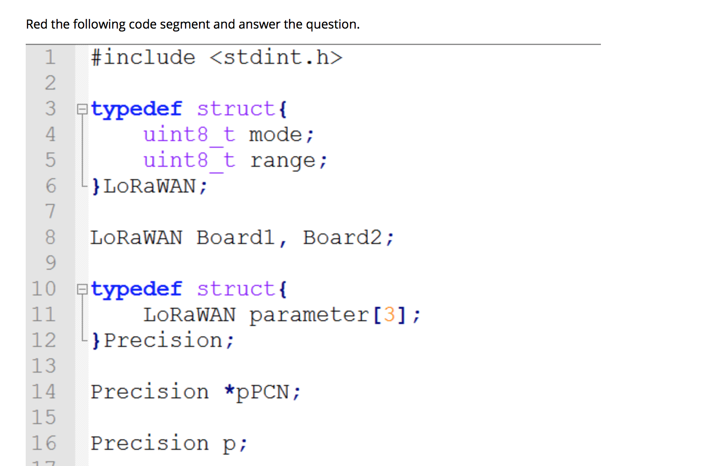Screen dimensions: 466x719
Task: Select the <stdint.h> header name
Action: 276,58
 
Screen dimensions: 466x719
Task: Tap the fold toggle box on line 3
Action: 82,109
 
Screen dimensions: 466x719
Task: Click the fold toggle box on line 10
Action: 82,289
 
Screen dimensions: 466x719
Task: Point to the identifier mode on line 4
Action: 275,135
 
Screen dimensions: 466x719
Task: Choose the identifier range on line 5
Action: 282,161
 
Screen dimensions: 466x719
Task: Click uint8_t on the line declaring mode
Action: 189,135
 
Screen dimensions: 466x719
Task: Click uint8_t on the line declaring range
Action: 189,161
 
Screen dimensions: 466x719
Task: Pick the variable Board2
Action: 342,237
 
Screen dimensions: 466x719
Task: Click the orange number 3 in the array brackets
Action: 389,315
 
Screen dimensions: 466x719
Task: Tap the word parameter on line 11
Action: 309,315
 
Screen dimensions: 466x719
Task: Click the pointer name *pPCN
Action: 257,392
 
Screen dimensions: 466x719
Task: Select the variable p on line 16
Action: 229,444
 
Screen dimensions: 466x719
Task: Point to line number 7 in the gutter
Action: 50,211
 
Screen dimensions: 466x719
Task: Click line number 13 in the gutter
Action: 44,366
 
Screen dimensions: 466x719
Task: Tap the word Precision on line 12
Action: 163,341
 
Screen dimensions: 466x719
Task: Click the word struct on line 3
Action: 236,109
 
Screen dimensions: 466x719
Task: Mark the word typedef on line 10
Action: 136,289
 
